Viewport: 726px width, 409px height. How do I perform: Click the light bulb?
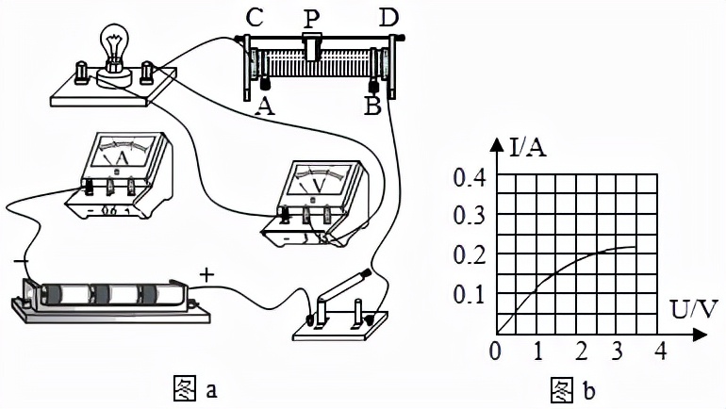[114, 47]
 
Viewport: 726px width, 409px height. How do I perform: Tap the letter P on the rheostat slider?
[312, 17]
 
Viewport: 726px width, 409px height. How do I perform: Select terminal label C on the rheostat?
[252, 18]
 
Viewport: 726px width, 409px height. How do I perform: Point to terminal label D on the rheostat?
[388, 17]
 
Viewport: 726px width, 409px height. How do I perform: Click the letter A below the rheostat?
[265, 106]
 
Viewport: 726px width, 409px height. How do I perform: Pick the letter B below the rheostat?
[371, 106]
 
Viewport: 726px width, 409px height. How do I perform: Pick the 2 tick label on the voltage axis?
[579, 352]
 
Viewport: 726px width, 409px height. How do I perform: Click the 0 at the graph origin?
[497, 352]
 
